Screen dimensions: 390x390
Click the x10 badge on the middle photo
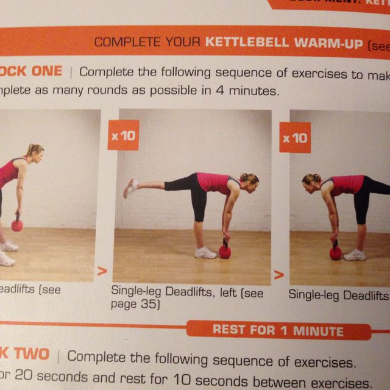tap(123, 135)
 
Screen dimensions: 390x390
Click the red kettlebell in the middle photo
tap(225, 250)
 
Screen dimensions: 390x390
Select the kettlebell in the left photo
tap(17, 225)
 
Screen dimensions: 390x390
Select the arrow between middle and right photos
tap(280, 275)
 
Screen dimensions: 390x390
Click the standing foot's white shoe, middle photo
tap(206, 252)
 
